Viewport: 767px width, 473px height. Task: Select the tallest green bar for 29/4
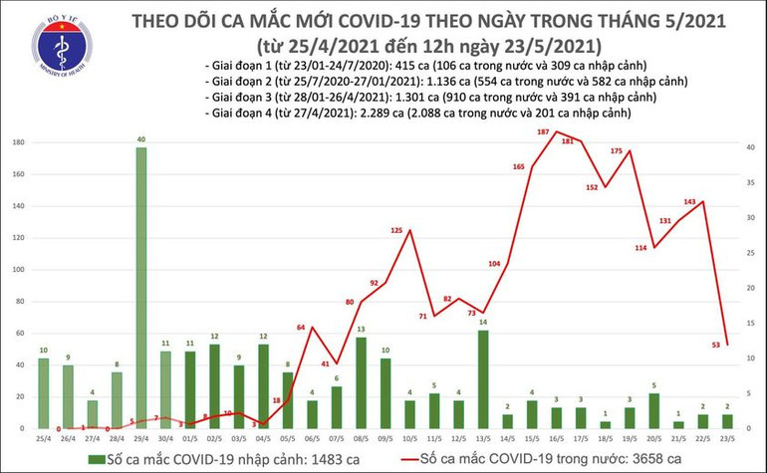141,289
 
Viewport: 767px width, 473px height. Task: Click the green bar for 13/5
483,378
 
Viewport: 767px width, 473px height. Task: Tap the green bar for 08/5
360,382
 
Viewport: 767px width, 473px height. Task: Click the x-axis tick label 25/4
43,437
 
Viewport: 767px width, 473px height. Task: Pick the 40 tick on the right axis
748,147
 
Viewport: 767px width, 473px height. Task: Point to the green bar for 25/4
43,393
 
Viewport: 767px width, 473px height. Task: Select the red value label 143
687,202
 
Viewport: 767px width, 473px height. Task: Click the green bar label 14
483,323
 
